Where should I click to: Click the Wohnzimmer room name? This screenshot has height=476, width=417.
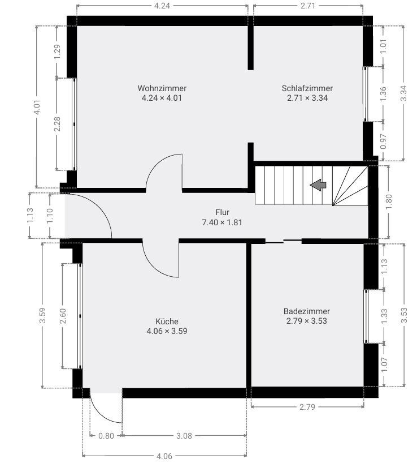click(x=162, y=88)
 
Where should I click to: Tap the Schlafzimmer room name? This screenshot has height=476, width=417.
click(x=307, y=88)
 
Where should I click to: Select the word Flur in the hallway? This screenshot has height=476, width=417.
click(x=223, y=212)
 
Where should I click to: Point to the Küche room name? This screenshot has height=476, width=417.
click(x=167, y=321)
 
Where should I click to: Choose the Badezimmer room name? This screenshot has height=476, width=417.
click(x=307, y=311)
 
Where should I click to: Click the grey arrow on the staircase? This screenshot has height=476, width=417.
click(x=318, y=185)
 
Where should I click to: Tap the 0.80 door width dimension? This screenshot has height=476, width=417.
click(x=106, y=436)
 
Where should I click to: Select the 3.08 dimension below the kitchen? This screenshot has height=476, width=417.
click(x=184, y=436)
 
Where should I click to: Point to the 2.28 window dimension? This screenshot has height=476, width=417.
click(x=57, y=124)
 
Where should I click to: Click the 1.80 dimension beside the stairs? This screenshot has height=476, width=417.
click(x=389, y=201)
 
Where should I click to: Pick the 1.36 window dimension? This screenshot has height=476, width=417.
click(x=383, y=94)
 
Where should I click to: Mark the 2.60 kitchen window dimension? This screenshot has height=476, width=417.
click(x=63, y=316)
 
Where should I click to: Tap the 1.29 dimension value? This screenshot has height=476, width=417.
click(x=57, y=52)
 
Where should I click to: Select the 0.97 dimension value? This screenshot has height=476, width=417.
click(x=383, y=141)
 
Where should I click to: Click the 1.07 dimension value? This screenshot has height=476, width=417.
click(x=384, y=365)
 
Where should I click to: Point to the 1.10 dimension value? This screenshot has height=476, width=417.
click(x=50, y=216)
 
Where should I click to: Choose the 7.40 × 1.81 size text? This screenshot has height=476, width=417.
click(x=222, y=222)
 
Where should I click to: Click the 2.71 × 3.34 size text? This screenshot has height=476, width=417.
click(x=307, y=98)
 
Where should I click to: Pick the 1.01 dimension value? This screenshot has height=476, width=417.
click(x=383, y=47)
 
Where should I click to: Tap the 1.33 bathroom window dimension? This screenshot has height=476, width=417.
click(x=384, y=316)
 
